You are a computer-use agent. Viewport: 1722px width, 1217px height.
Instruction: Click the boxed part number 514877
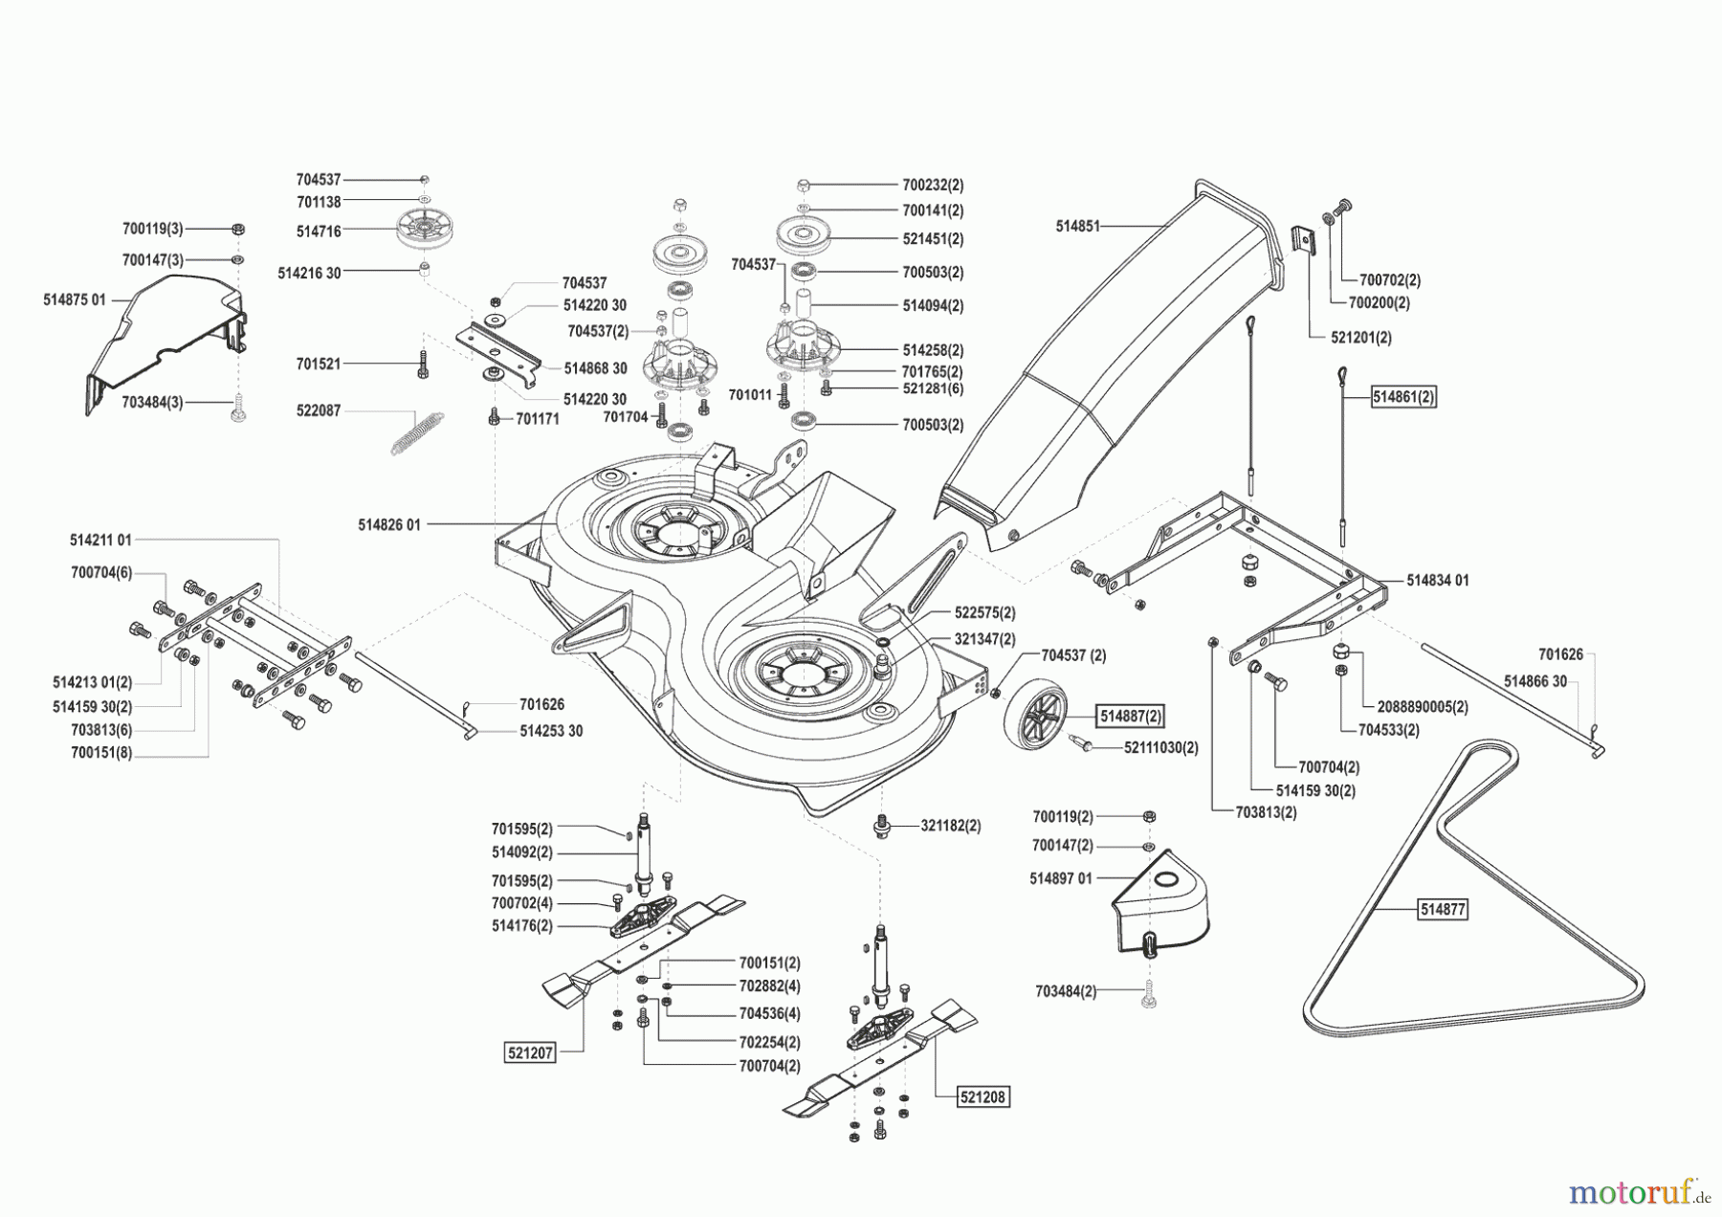click(1442, 909)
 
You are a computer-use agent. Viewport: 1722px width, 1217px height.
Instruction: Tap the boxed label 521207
click(530, 1052)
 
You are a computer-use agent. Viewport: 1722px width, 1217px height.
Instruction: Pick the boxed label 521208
click(983, 1096)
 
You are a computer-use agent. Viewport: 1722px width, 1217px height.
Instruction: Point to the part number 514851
click(1077, 227)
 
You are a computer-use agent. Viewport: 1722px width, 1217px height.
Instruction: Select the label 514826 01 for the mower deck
click(389, 524)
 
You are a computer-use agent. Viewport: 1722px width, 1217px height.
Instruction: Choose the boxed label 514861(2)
click(1403, 396)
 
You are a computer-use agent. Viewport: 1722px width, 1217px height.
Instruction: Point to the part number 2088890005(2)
click(1423, 707)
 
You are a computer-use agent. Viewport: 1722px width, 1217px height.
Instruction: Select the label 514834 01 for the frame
click(1438, 580)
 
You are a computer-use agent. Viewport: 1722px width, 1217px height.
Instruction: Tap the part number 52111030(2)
click(1160, 747)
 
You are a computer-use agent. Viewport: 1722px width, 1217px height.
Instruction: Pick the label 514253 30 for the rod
click(550, 731)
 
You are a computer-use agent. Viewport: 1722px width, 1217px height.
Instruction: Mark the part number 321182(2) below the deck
click(950, 825)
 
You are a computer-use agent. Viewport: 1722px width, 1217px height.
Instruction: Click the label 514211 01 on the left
click(100, 540)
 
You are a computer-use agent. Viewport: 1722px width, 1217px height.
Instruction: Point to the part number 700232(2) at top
click(933, 185)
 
